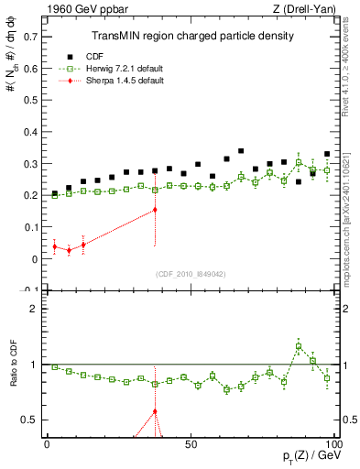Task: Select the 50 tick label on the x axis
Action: click(x=190, y=443)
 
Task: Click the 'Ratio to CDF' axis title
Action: click(x=12, y=365)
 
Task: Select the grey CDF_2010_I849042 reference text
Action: click(x=191, y=272)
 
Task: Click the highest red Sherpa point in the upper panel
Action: click(x=155, y=210)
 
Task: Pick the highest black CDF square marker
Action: click(x=241, y=151)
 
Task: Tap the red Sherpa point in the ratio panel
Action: click(x=155, y=411)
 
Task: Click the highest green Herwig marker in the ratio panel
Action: click(x=299, y=346)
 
